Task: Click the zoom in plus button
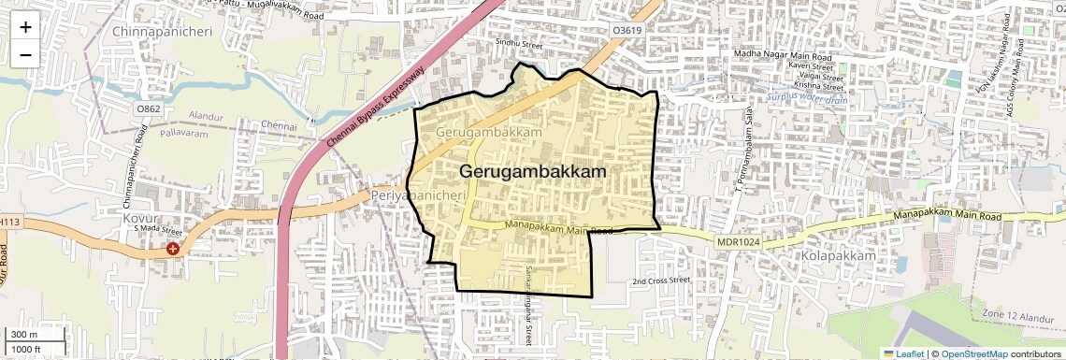25,26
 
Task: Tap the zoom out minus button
25,54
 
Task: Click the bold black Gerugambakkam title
533,173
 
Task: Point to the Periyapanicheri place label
418,195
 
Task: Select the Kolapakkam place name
838,255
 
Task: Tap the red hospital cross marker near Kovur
173,249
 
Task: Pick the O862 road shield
148,109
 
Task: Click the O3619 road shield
627,31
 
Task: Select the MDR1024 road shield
738,243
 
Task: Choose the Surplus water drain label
806,97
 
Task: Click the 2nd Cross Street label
660,281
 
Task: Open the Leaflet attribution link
904,353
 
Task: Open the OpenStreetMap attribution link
973,353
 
